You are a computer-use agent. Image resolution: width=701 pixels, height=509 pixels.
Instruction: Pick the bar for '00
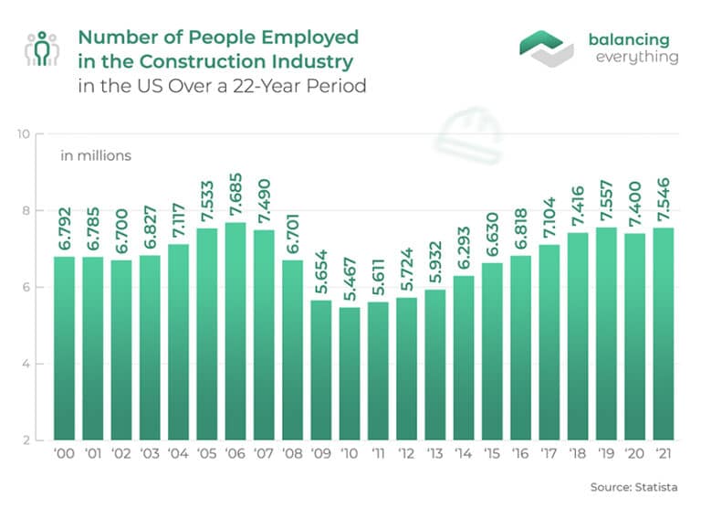pyautogui.click(x=64, y=348)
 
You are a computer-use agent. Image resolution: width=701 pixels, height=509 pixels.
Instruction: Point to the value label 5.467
pyautogui.click(x=350, y=275)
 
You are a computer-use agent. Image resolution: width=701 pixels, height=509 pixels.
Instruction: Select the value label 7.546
pyautogui.click(x=664, y=196)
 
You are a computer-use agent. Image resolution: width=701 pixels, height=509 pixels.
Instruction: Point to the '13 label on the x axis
pyautogui.click(x=434, y=455)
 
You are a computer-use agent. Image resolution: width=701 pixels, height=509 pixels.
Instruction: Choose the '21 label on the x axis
pyautogui.click(x=664, y=455)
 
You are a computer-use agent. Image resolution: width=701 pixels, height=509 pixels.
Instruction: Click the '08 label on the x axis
pyautogui.click(x=292, y=455)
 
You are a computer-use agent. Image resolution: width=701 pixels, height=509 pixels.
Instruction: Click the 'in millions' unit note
pyautogui.click(x=96, y=155)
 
